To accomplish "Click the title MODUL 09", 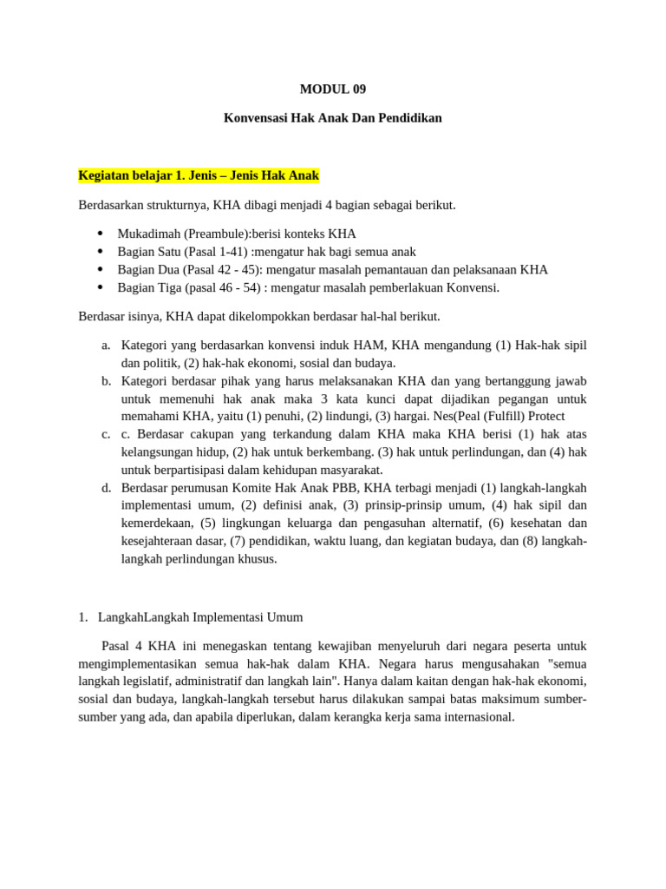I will (333, 89).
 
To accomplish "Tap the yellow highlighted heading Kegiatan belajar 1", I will (199, 175).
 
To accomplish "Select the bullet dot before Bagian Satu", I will (101, 252).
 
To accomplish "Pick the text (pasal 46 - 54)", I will (219, 287).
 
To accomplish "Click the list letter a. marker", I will (106, 346).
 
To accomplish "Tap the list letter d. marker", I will (106, 488).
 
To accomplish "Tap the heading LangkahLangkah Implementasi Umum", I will (200, 617).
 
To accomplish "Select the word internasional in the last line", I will (477, 717).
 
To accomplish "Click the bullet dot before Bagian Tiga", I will (101, 287).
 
